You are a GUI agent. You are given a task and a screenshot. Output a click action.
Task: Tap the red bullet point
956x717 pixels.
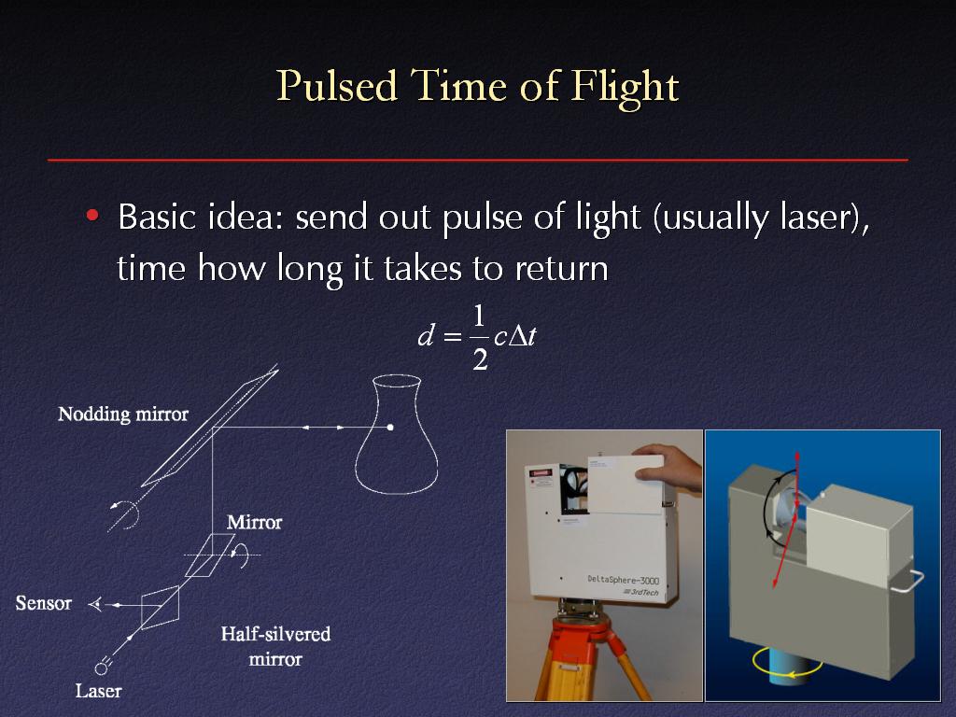click(92, 216)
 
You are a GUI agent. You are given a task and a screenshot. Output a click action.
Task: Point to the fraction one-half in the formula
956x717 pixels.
click(480, 338)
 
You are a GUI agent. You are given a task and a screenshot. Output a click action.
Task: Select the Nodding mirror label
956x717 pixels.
click(123, 415)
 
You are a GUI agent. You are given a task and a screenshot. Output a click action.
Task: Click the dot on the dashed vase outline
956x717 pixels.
click(390, 428)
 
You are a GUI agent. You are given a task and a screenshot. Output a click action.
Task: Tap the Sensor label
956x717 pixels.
click(43, 603)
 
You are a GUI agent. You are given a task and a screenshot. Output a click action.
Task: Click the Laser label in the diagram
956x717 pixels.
click(98, 691)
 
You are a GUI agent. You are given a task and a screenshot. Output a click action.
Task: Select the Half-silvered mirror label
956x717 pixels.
click(275, 646)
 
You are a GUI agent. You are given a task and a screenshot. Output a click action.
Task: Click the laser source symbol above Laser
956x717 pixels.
click(103, 667)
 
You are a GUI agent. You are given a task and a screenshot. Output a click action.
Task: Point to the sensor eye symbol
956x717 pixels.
click(95, 605)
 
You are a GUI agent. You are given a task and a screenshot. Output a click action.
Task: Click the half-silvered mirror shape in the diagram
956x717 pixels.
click(161, 607)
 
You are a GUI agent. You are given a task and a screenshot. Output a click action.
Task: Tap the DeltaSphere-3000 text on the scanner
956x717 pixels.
click(623, 579)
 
